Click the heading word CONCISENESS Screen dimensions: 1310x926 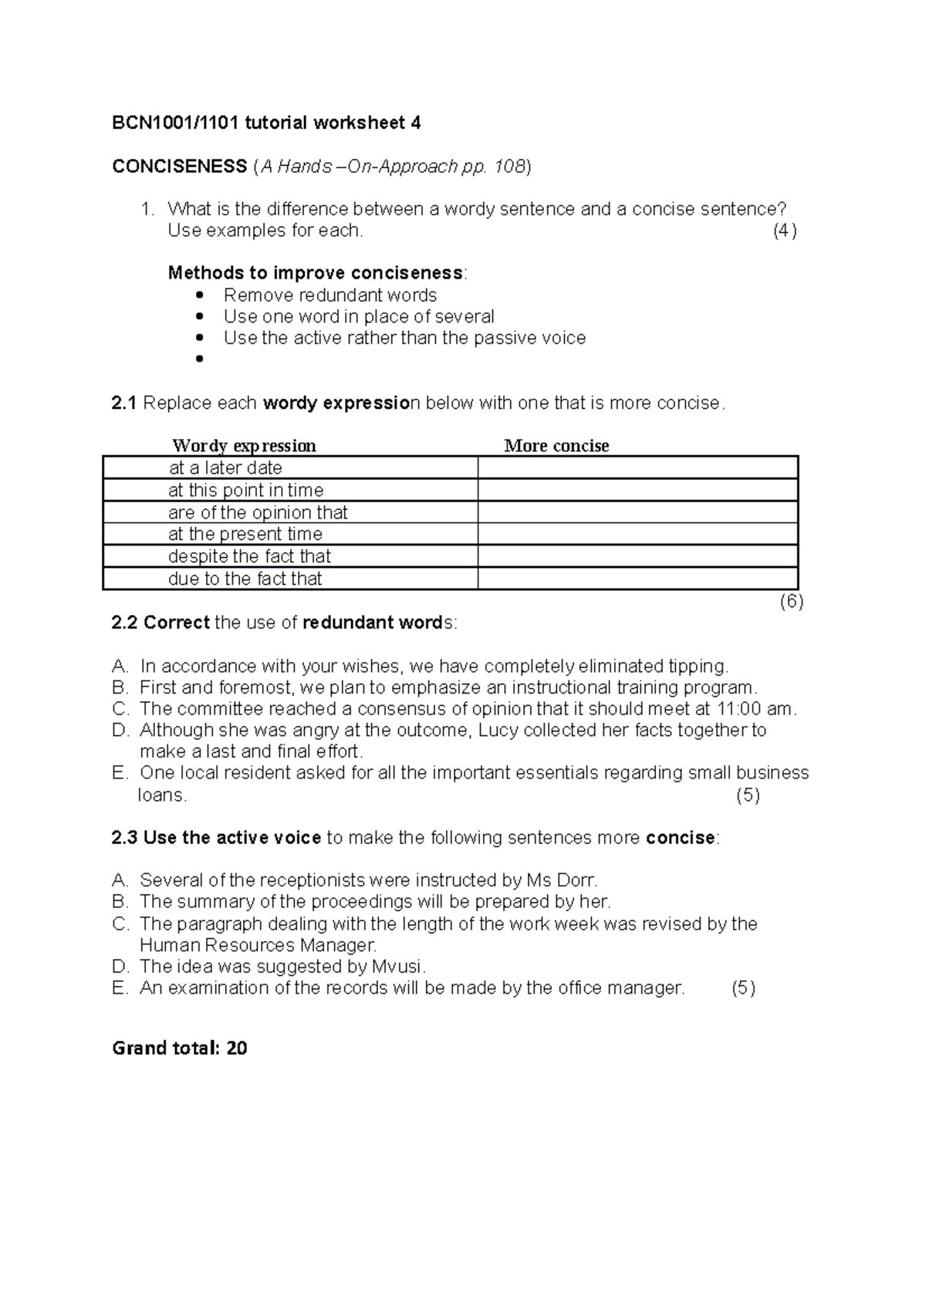[x=179, y=166]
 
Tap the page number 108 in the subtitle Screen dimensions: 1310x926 [x=509, y=166]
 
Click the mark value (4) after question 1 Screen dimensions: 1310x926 [x=785, y=231]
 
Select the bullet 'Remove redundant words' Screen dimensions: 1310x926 [x=330, y=295]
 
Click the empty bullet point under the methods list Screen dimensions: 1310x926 [x=200, y=359]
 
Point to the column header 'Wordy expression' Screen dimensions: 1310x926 [x=244, y=446]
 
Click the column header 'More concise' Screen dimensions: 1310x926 [x=556, y=446]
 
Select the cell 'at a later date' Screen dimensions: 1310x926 [x=225, y=468]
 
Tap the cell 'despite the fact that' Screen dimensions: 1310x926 [x=249, y=556]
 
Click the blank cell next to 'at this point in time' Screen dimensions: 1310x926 [x=637, y=491]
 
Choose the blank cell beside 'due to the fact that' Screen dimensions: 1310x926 [x=637, y=579]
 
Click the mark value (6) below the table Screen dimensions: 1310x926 [x=791, y=602]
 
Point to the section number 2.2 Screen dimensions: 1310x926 [x=124, y=623]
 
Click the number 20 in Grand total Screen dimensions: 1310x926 [x=237, y=1048]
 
